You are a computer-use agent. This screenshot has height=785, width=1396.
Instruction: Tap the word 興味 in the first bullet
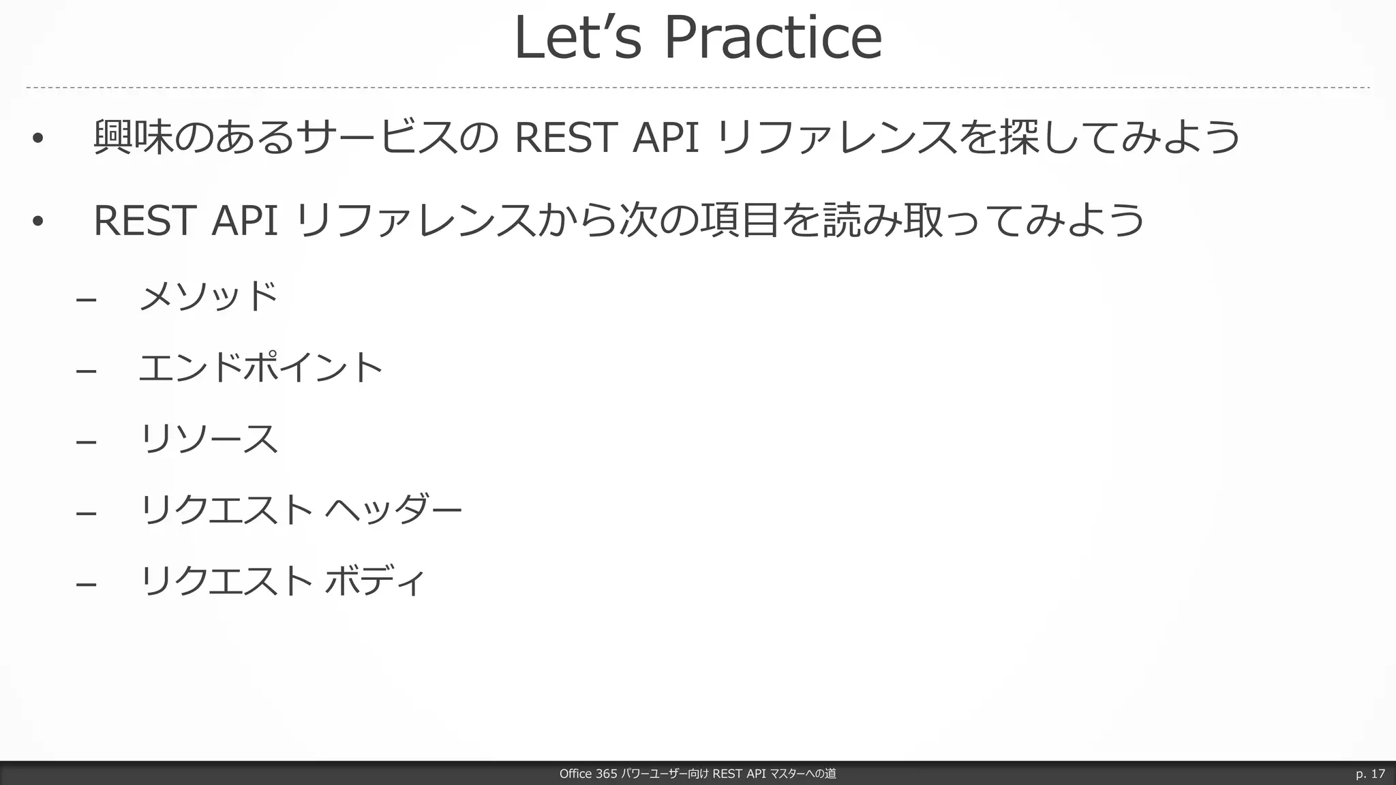pos(133,137)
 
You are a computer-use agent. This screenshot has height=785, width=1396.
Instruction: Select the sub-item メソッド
pos(209,296)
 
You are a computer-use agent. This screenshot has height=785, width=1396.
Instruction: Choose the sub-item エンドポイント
pos(261,368)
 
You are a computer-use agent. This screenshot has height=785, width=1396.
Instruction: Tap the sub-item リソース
pos(209,439)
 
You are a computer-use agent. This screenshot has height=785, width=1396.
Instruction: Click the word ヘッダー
pos(393,510)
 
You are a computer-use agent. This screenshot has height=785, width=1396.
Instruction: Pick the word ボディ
pos(375,581)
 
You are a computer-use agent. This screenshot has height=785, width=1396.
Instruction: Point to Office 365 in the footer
pos(588,773)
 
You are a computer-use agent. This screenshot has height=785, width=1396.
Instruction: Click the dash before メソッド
pos(86,299)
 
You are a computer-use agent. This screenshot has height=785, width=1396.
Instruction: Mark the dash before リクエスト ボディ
pos(86,584)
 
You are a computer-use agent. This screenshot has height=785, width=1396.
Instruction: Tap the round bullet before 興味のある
pos(37,139)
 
